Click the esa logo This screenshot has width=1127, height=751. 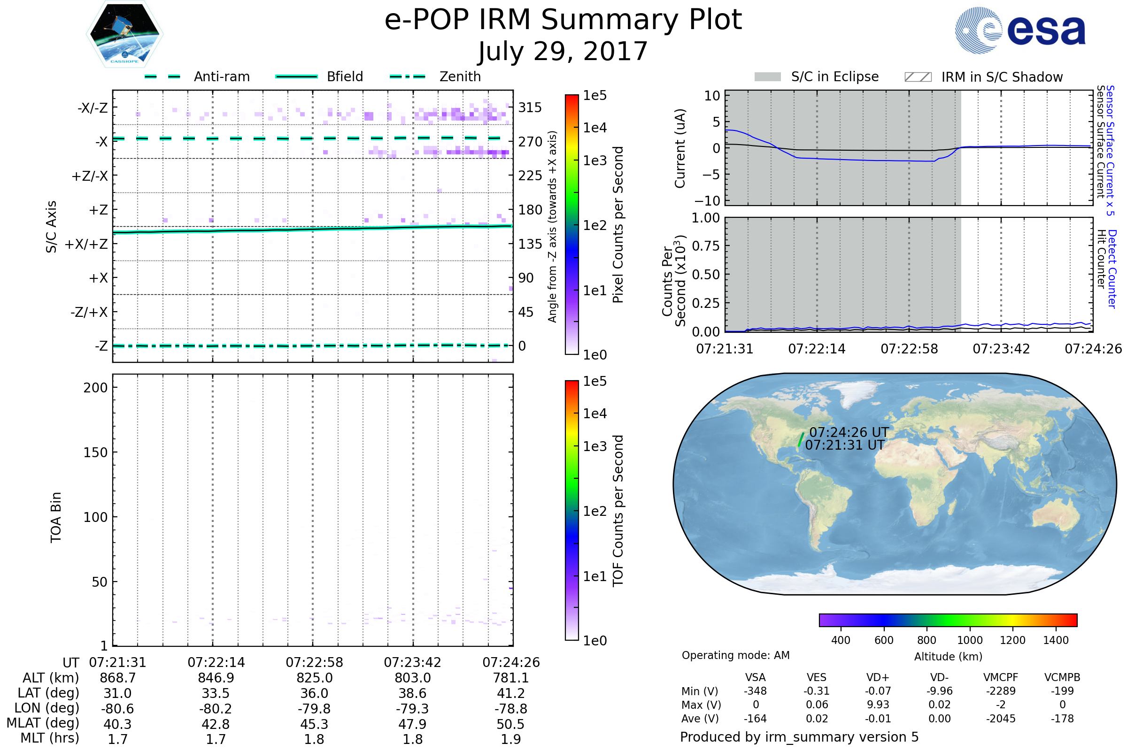click(1020, 30)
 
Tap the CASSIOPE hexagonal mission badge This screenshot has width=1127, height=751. click(124, 33)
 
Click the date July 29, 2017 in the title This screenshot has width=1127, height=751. click(563, 51)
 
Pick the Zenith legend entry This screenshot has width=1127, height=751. click(435, 77)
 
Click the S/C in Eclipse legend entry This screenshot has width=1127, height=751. click(817, 77)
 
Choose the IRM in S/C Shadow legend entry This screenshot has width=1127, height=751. click(984, 77)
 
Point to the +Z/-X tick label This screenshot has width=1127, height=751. click(90, 176)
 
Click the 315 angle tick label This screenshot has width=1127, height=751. click(530, 107)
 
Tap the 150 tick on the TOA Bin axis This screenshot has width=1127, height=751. click(96, 452)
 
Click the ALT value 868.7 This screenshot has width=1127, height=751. click(118, 678)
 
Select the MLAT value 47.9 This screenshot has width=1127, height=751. click(413, 724)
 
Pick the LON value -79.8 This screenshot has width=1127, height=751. click(314, 709)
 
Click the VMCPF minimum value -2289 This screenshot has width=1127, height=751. click(1001, 691)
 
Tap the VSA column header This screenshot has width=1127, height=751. click(756, 678)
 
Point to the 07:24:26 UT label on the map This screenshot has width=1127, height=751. click(849, 432)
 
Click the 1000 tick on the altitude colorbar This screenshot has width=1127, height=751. click(970, 640)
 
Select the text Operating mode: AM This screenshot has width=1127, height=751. click(735, 655)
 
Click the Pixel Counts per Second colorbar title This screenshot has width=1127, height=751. click(618, 225)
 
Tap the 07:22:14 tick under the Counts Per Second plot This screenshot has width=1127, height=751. click(817, 349)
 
